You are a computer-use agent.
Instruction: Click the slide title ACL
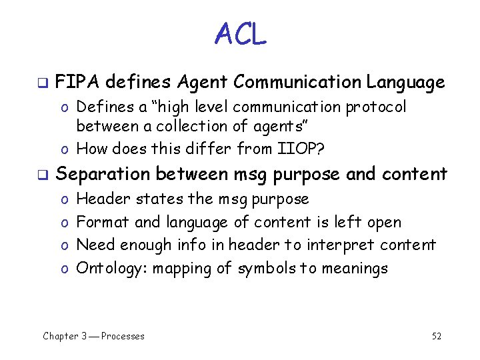point(240,34)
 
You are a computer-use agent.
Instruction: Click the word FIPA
point(77,83)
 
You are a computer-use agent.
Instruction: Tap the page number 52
point(437,336)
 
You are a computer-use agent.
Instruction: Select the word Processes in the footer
point(123,336)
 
